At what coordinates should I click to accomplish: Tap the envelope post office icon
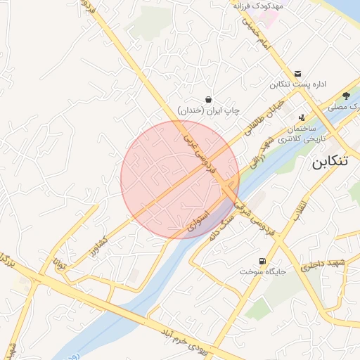[x=297, y=73]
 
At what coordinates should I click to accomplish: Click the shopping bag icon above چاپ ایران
[x=208, y=99]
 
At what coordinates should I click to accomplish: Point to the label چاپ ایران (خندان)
[x=209, y=110]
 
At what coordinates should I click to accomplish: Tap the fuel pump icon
[x=262, y=261]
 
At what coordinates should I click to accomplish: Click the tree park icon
[x=347, y=96]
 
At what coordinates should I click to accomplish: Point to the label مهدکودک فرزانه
[x=258, y=6]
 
